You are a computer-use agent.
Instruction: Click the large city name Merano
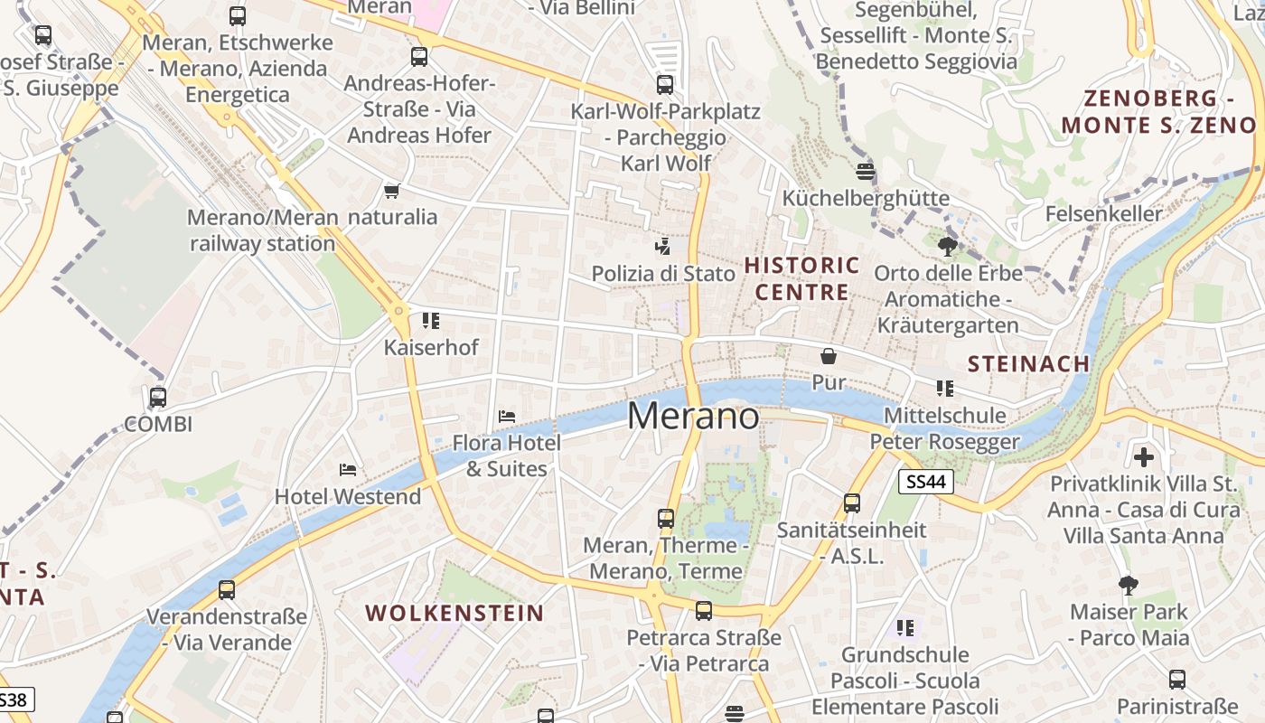(x=693, y=416)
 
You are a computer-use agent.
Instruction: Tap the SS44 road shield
(x=926, y=482)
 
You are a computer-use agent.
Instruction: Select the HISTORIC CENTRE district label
(x=801, y=278)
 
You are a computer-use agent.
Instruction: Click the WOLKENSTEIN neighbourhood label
(x=454, y=613)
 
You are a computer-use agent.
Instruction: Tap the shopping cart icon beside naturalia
(x=391, y=191)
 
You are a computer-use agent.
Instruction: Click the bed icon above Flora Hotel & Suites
(x=507, y=417)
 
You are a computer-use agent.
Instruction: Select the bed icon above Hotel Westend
(x=348, y=469)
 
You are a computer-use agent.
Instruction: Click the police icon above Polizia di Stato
(x=663, y=246)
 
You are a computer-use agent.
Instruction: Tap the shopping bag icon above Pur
(x=828, y=356)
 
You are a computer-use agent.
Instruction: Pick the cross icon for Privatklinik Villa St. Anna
(x=1144, y=457)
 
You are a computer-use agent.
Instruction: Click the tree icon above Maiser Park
(x=1129, y=586)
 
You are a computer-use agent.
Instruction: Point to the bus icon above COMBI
(x=158, y=397)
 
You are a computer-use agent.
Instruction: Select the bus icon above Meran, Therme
(x=666, y=519)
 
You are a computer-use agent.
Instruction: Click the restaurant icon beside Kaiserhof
(x=431, y=321)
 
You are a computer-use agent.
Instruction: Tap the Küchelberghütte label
(x=866, y=199)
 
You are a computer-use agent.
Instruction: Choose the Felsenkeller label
(x=1103, y=214)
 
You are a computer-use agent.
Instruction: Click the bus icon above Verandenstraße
(x=227, y=590)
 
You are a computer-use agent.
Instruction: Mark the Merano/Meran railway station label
(x=263, y=230)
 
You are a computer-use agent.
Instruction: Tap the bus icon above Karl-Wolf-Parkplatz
(x=665, y=85)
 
